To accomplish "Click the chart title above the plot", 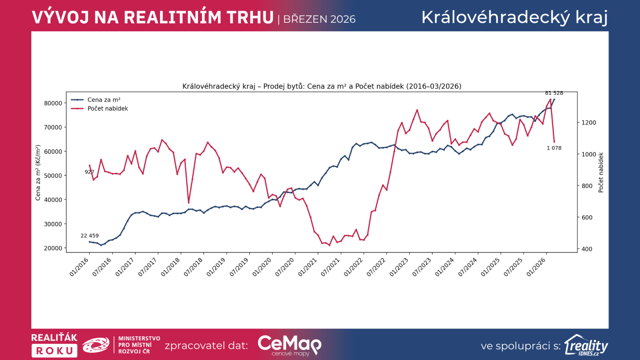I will [322, 86].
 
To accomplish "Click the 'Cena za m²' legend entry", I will [104, 100].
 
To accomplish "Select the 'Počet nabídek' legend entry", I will [108, 109].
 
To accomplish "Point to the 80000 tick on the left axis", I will [53, 103].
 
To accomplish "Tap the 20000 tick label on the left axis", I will [53, 248].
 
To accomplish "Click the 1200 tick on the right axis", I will [588, 123].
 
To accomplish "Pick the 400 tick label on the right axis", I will [587, 249].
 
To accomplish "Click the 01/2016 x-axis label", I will [79, 267].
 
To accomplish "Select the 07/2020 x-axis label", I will [285, 267].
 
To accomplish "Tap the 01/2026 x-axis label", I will [536, 267].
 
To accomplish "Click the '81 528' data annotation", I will [554, 93].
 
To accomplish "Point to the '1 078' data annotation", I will [554, 148].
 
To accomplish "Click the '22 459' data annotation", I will [90, 236].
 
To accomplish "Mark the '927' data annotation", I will [89, 172].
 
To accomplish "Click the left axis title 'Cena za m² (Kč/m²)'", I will [38, 173].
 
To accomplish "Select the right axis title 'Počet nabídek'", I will [600, 172].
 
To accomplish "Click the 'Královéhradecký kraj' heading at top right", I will [514, 18].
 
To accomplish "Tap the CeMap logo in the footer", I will [289, 345].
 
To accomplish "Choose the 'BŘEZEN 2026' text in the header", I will [319, 19].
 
